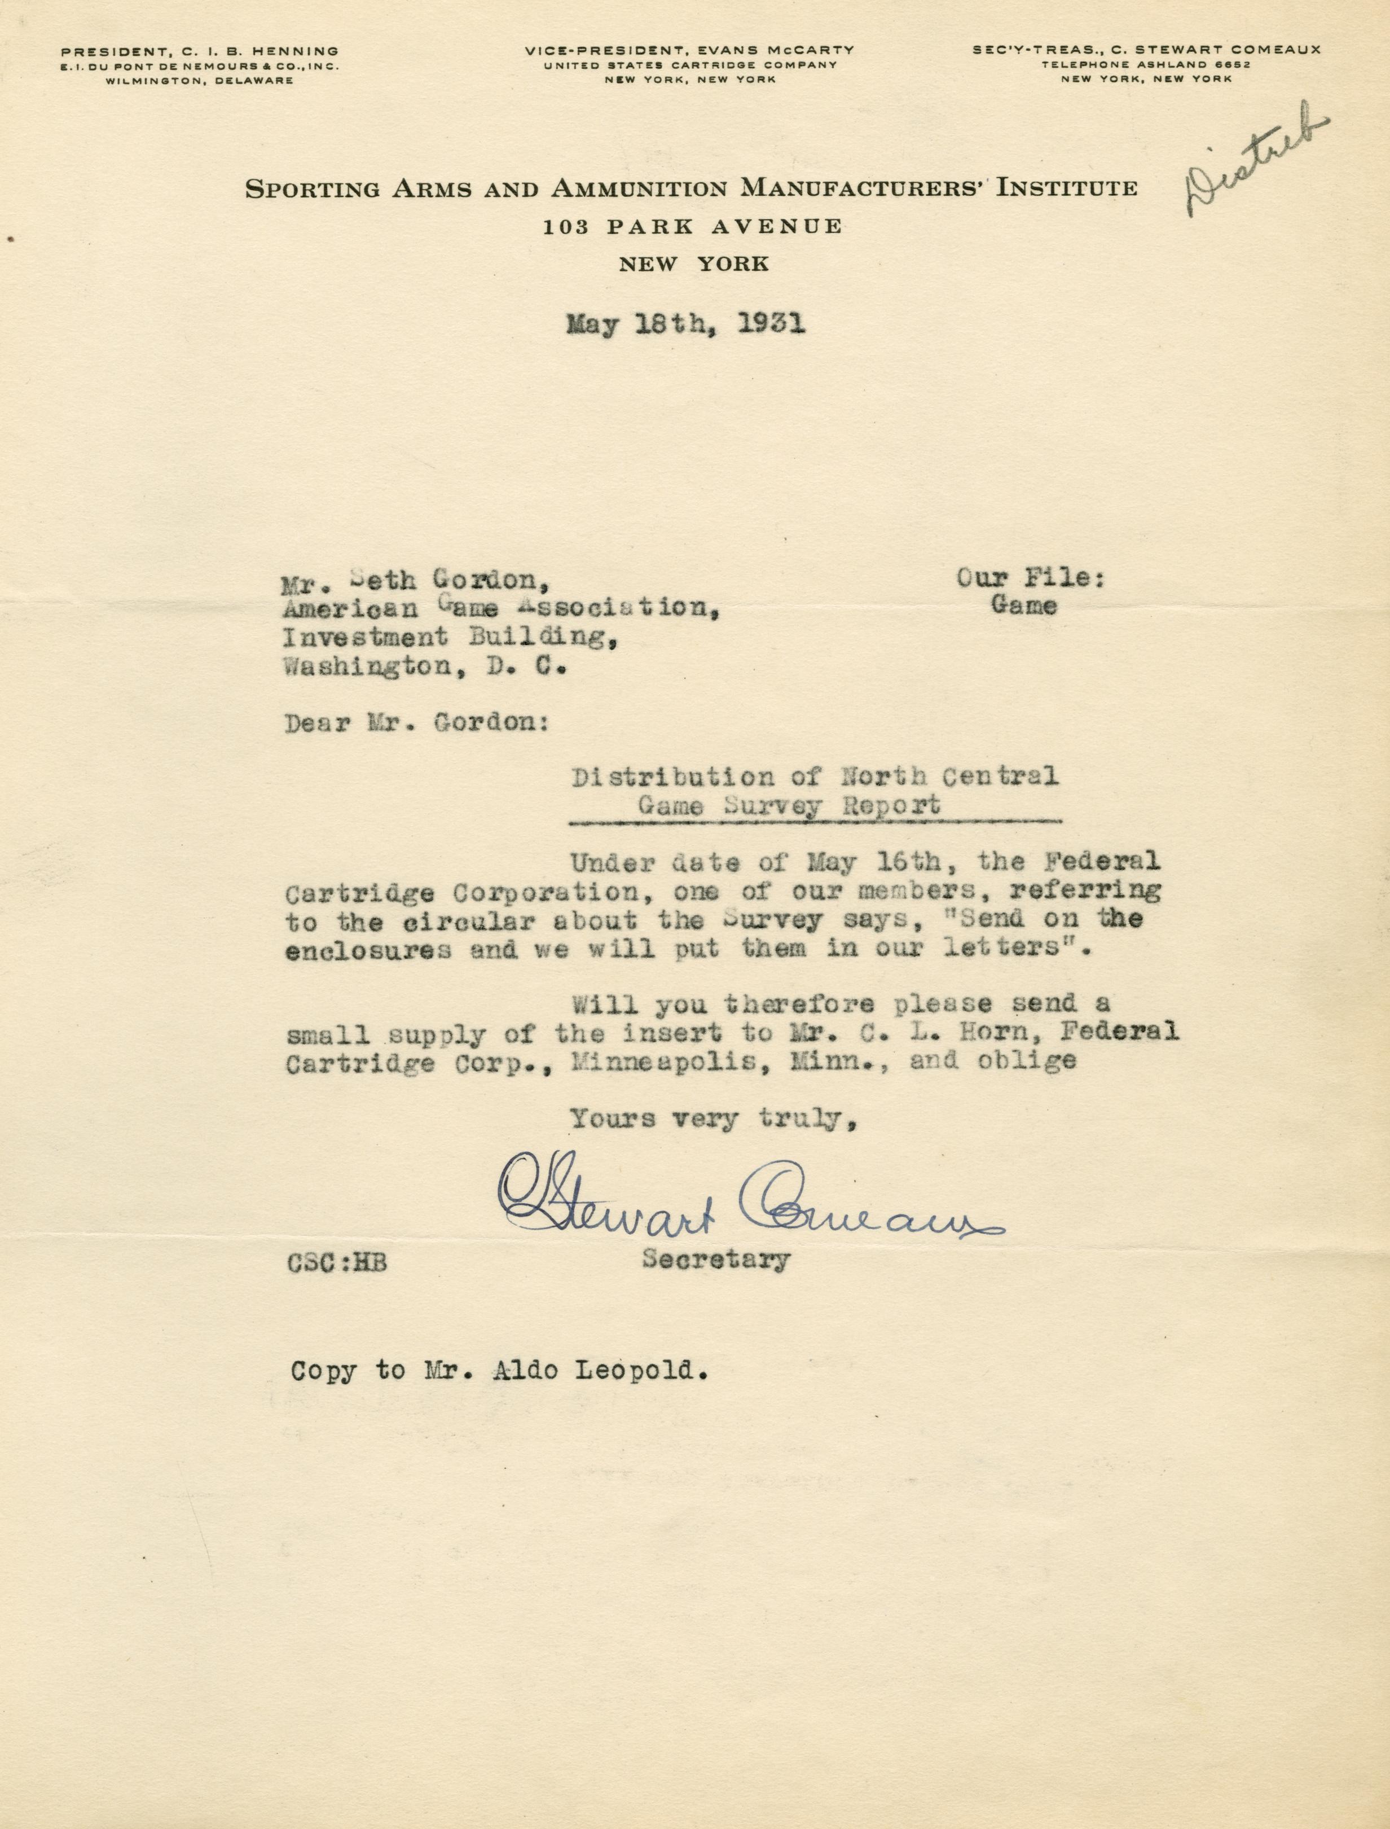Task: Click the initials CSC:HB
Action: pyautogui.click(x=337, y=1263)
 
